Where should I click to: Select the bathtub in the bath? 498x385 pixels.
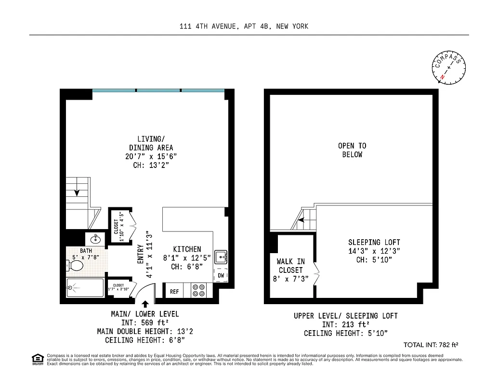point(86,288)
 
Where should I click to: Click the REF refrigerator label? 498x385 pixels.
point(174,292)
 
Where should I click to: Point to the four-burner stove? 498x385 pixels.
point(198,291)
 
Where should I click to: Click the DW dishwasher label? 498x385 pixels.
point(221,275)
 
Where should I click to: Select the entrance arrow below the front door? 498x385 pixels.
point(145,304)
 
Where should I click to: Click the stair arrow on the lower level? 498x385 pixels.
point(77,193)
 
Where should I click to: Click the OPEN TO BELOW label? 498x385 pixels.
point(352,150)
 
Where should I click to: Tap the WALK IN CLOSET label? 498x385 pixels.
point(290,266)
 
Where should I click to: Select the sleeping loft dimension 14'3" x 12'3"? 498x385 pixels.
point(374,251)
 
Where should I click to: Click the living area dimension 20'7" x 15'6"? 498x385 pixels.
point(151,156)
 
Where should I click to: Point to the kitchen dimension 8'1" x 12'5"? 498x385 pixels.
point(187,257)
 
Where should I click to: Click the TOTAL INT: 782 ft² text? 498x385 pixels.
point(431,345)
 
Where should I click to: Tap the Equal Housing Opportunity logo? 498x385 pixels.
point(37,359)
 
